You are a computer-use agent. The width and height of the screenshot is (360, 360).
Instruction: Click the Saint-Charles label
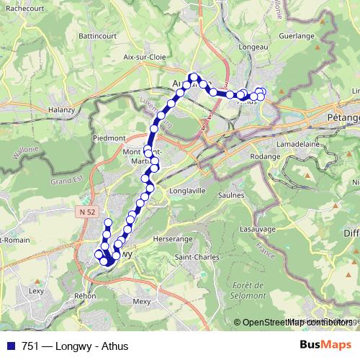tap(194, 257)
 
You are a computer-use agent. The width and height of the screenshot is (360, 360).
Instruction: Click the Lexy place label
tap(37, 291)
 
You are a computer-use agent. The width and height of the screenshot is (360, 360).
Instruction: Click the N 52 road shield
tap(87, 211)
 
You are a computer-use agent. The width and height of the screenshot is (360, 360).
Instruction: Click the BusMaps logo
tap(325, 346)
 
